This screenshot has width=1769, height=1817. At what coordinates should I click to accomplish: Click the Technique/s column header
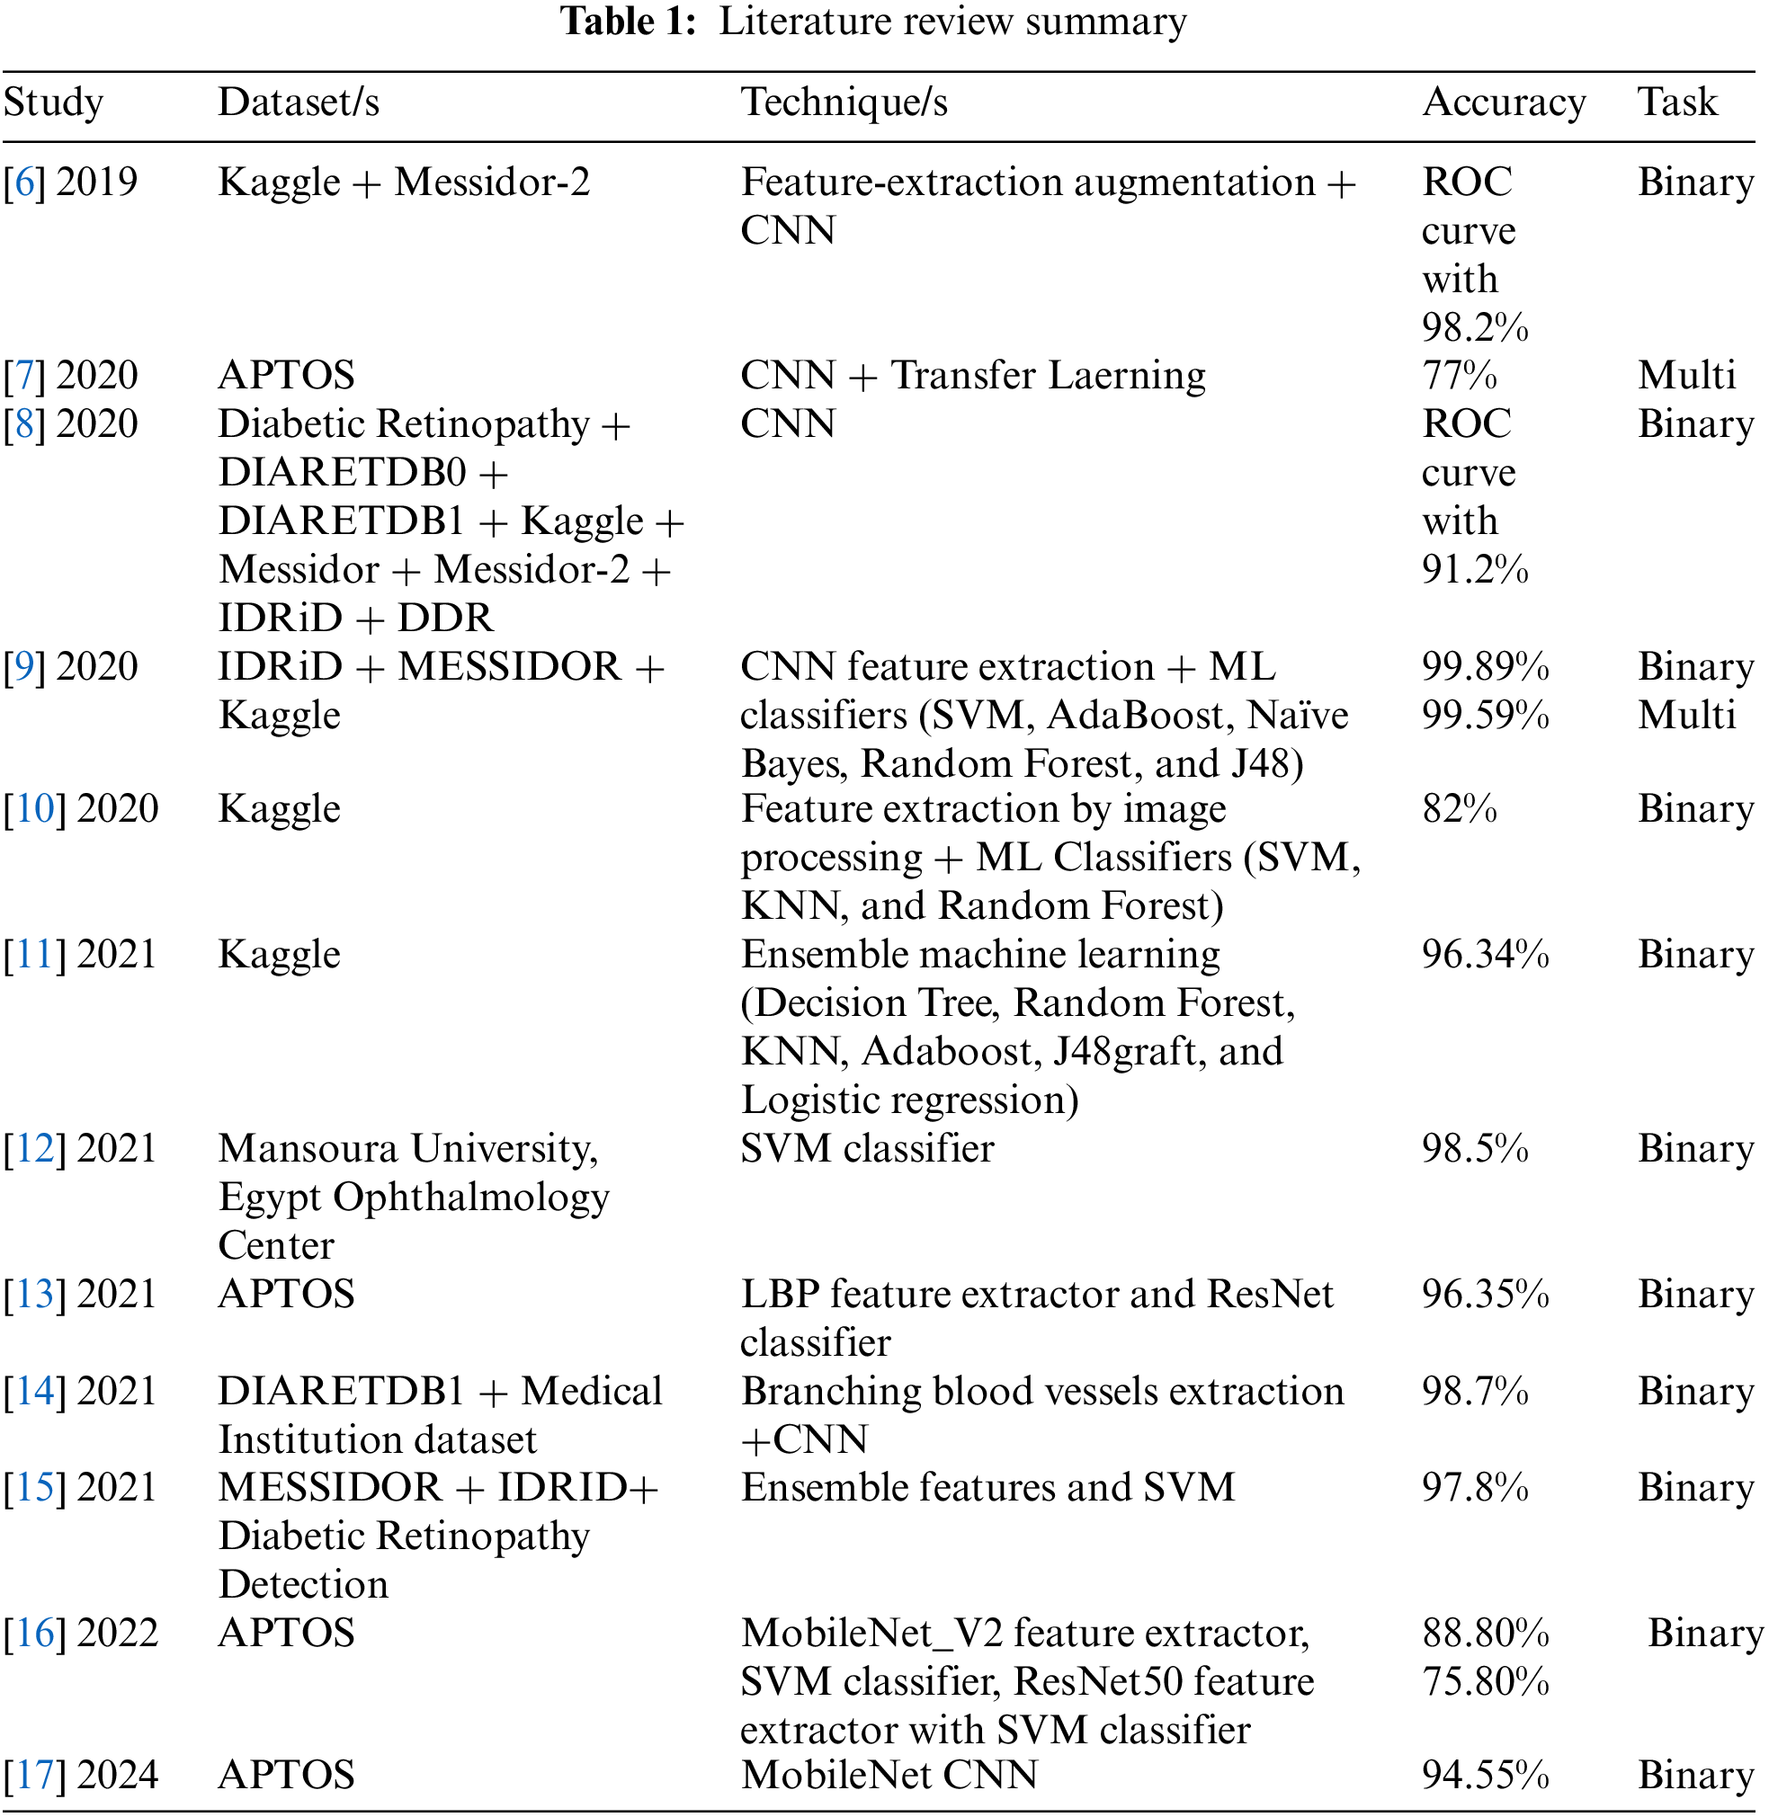[844, 102]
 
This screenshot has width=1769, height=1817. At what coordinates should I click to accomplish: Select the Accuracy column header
[1504, 102]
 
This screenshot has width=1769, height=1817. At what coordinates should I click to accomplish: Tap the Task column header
[1677, 102]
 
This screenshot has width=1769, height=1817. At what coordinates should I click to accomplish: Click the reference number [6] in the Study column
[24, 183]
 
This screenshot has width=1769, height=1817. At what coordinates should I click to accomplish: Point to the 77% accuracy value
[1459, 376]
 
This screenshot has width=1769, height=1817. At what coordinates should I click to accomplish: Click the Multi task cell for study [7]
[1686, 376]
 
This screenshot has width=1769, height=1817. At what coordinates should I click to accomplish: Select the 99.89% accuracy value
[1485, 667]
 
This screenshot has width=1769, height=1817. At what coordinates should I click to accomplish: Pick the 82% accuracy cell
[1459, 809]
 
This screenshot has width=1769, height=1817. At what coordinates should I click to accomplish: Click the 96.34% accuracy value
[1485, 955]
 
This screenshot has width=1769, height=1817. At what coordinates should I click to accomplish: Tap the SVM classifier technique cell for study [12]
[867, 1149]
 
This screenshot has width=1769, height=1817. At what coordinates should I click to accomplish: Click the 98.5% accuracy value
[1475, 1149]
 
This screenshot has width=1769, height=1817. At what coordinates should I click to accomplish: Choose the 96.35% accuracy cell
[1485, 1294]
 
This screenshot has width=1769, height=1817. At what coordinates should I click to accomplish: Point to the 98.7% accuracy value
[1475, 1392]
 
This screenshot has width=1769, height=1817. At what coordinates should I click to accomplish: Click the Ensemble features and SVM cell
[987, 1487]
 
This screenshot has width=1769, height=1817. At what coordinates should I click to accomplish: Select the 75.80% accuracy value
[1485, 1681]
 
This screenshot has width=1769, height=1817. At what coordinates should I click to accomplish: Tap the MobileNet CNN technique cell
[889, 1776]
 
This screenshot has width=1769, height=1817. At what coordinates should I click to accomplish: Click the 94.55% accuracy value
[1485, 1776]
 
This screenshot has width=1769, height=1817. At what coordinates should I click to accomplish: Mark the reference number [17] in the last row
[34, 1776]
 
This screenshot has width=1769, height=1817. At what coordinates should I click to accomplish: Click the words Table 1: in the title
[628, 22]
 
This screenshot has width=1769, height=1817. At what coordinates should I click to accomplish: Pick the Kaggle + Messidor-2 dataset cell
[404, 183]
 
